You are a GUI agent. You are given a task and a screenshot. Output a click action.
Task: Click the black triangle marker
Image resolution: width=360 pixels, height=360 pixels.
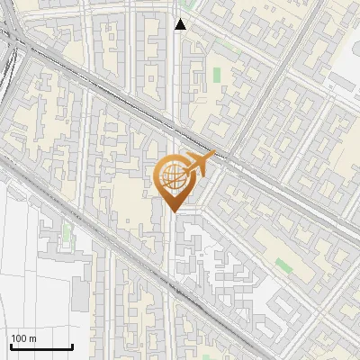[181, 24]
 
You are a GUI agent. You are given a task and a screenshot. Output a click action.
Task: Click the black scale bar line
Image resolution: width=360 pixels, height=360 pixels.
[41, 347]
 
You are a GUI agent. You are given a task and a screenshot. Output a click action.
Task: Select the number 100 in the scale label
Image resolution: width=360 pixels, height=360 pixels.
[18, 338]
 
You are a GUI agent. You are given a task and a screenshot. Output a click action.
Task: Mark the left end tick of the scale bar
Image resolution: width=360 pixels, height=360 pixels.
[11, 346]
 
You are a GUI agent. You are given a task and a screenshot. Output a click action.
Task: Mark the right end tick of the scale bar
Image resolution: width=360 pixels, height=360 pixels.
[72, 346]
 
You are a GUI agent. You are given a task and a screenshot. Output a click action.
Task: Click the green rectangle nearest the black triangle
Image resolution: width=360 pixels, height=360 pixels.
[216, 76]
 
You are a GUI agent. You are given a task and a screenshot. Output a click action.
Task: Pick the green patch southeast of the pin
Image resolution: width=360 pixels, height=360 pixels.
[284, 265]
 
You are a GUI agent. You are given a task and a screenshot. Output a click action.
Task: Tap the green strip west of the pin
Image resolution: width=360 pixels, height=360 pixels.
[66, 234]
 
